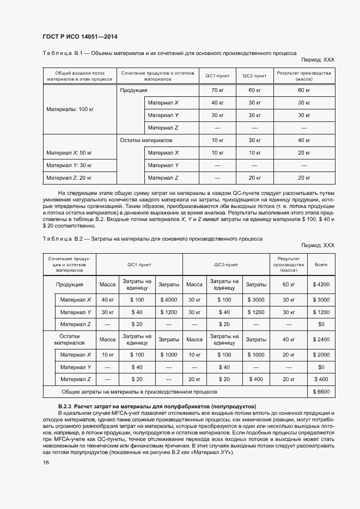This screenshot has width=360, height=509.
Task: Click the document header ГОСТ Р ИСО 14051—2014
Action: [x=80, y=37]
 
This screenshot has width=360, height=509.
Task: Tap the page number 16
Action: [x=46, y=462]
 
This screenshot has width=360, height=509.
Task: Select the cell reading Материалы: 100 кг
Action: [x=70, y=109]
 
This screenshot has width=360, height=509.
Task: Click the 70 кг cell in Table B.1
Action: [x=218, y=90]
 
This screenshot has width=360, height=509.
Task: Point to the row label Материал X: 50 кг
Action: [x=69, y=152]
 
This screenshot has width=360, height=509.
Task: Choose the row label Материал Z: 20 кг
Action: [x=69, y=177]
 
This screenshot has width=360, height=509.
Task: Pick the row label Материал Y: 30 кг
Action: [x=69, y=165]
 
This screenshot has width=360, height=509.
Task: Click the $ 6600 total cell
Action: [x=321, y=391]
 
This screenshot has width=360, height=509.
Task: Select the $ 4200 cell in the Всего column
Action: [x=321, y=284]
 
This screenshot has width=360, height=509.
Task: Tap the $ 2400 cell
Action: [x=321, y=340]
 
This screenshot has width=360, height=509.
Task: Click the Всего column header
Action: [x=321, y=265]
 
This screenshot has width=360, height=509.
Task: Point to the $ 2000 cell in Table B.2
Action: [x=321, y=355]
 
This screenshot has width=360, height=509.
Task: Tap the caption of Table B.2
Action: [x=152, y=238]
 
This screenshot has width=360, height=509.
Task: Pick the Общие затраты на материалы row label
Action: [x=139, y=391]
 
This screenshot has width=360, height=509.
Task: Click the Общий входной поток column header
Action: [x=80, y=76]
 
